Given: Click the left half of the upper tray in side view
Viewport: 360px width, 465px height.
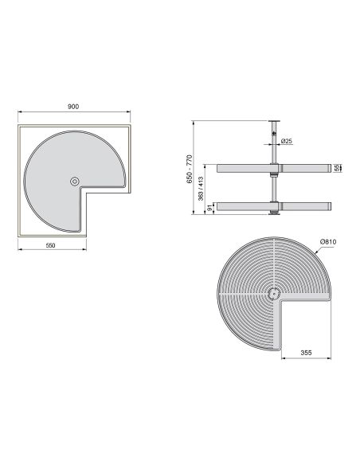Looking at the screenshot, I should click(243, 169).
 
